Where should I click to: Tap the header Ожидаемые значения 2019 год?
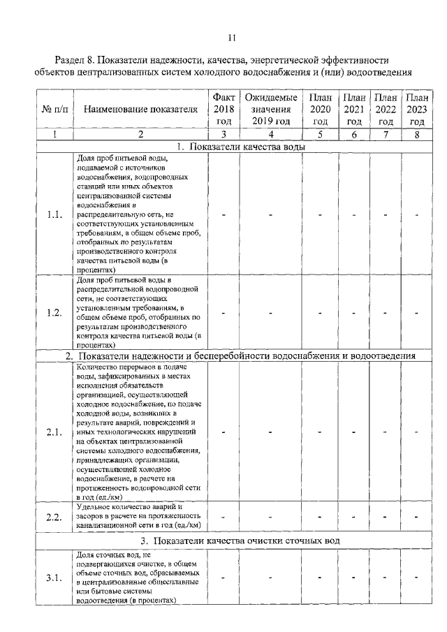[271, 108]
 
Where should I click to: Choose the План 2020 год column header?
[320, 108]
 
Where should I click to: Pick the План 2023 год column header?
[417, 108]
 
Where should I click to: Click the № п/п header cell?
[54, 109]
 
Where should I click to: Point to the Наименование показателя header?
[140, 109]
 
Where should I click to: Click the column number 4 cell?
[271, 134]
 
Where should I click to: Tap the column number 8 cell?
[417, 134]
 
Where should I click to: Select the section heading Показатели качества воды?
[241, 146]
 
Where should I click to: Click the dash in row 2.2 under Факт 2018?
[223, 517]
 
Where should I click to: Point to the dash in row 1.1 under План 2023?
[416, 214]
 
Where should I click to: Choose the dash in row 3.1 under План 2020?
[320, 578]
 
